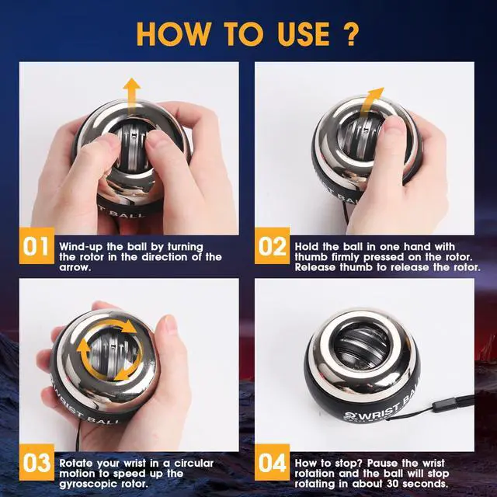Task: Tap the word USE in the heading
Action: coord(303,34)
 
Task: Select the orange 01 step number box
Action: coord(36,245)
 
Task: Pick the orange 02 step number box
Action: coord(273,245)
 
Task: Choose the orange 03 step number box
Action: coord(36,463)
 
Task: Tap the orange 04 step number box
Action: coord(273,463)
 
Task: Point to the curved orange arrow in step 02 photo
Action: coord(371,102)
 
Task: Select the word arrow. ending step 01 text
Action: coord(75,267)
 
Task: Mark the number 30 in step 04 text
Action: coord(393,484)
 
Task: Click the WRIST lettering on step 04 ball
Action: coord(377,412)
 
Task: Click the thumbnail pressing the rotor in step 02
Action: coord(392,122)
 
